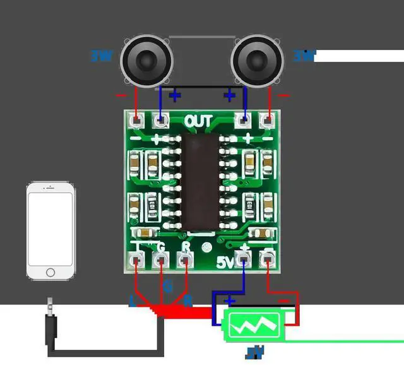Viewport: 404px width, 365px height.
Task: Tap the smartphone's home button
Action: tap(50, 272)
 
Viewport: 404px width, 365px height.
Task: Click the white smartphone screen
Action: tap(50, 228)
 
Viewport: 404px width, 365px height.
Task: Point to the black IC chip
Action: tap(201, 181)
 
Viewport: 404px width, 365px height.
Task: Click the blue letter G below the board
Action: tap(167, 287)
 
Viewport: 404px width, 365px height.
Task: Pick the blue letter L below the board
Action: tap(133, 302)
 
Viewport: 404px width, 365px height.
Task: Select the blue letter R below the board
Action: tap(187, 302)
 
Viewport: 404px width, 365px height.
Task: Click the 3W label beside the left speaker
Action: tap(102, 56)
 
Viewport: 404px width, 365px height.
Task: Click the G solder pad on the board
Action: tap(161, 259)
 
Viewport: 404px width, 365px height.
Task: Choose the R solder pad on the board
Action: tap(185, 259)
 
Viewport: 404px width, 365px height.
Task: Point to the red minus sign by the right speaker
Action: tap(284, 96)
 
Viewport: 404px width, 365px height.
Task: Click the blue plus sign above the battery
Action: tap(231, 301)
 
